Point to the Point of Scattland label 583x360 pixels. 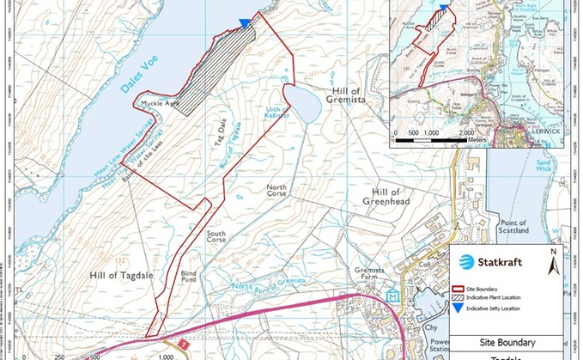tap(513, 227)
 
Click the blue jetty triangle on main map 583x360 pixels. tap(247, 22)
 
